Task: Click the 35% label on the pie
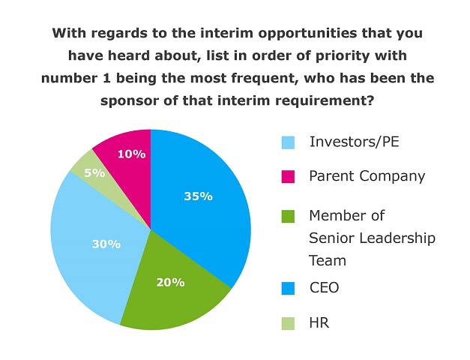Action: [x=198, y=196]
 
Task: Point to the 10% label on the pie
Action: [x=131, y=154]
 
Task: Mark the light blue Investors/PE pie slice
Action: [x=90, y=255]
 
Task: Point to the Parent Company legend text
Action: [x=367, y=176]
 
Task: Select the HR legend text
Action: [x=319, y=323]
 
